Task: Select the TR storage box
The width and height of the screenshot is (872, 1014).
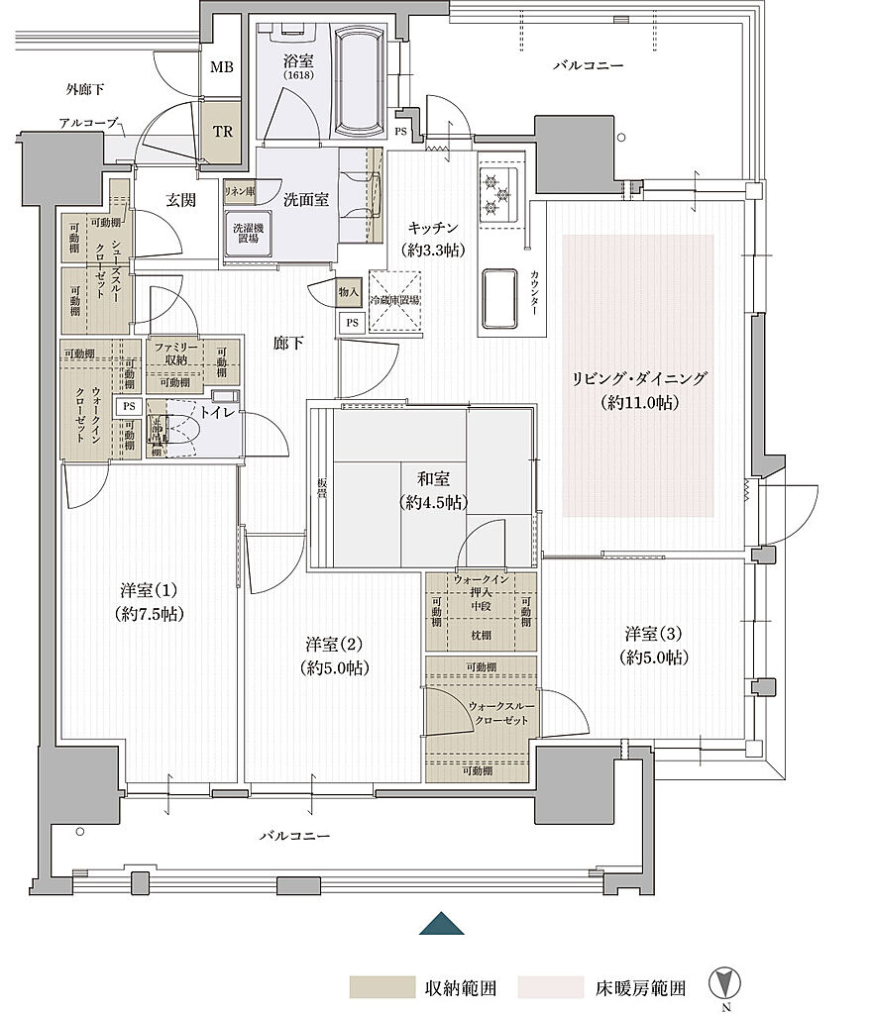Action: point(221,129)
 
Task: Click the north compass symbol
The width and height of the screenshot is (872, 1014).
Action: point(726,986)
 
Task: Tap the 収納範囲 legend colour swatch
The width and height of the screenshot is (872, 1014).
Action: point(381,987)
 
